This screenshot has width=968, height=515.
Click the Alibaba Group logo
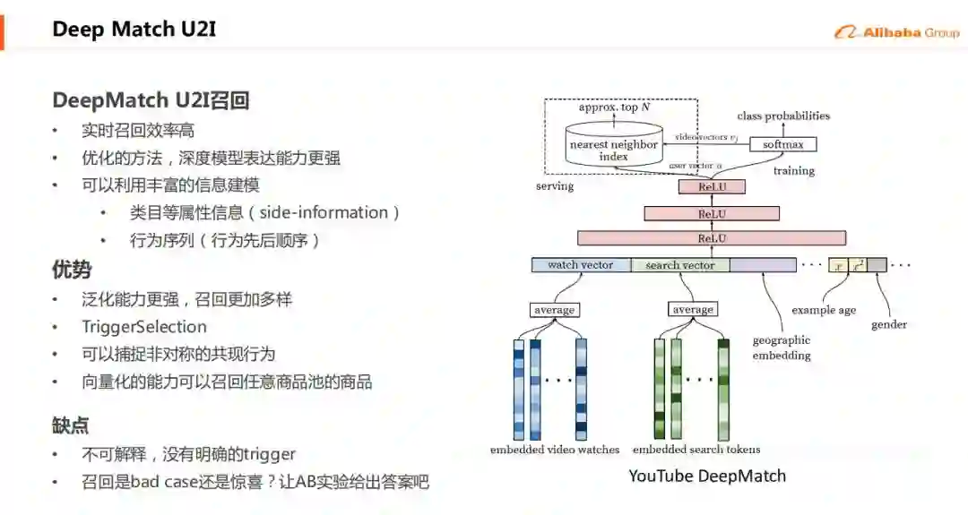pyautogui.click(x=896, y=32)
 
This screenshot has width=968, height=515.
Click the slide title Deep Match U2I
pyautogui.click(x=134, y=30)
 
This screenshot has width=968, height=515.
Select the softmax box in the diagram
pyautogui.click(x=782, y=144)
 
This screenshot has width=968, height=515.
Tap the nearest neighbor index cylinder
pyautogui.click(x=614, y=150)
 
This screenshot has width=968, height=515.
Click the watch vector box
pyautogui.click(x=581, y=265)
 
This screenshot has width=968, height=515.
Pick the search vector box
pyautogui.click(x=680, y=265)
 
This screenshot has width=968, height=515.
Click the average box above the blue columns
pyautogui.click(x=554, y=310)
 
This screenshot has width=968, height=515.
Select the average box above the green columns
pyautogui.click(x=693, y=310)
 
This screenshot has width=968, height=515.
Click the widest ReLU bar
pyautogui.click(x=712, y=238)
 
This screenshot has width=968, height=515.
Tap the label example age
pyautogui.click(x=824, y=311)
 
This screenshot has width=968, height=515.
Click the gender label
pyautogui.click(x=888, y=324)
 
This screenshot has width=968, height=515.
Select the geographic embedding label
pyautogui.click(x=782, y=348)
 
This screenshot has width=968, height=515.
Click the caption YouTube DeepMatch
pyautogui.click(x=706, y=476)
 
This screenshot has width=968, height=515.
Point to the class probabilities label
pyautogui.click(x=783, y=116)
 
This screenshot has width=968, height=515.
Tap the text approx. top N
pyautogui.click(x=614, y=107)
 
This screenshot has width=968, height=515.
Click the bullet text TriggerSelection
pyautogui.click(x=144, y=327)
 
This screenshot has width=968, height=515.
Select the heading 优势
pyautogui.click(x=72, y=270)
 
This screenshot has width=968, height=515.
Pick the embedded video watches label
pyautogui.click(x=555, y=450)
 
